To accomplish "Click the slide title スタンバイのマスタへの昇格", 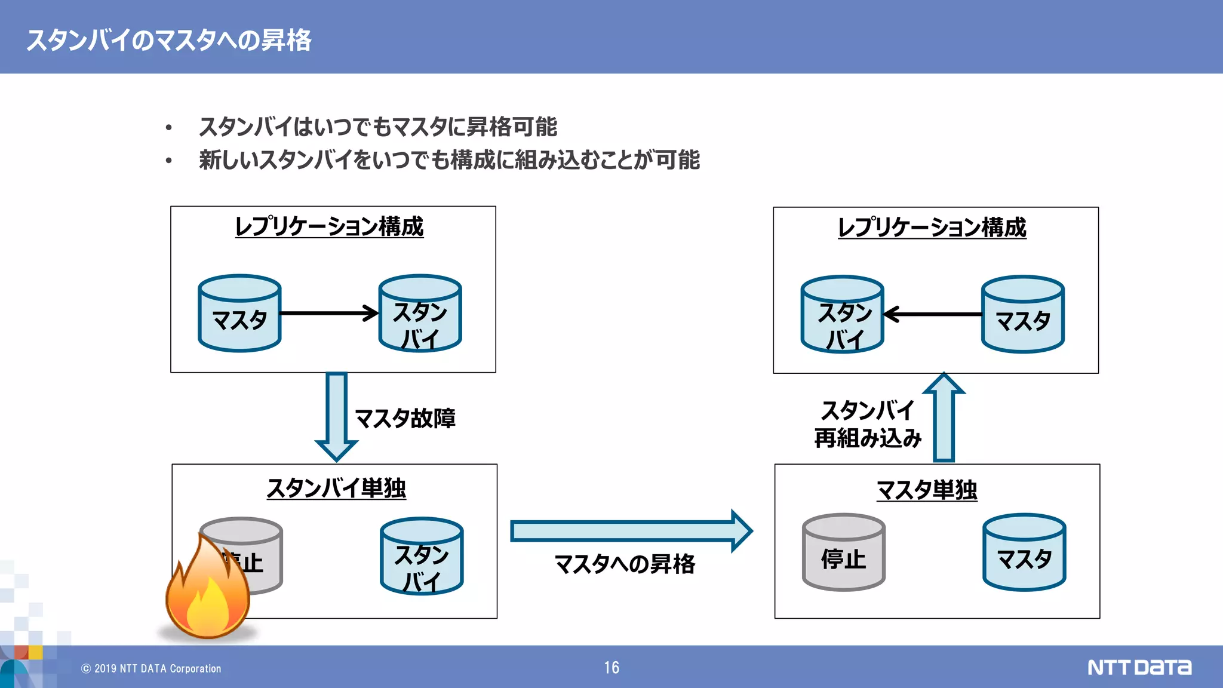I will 168,40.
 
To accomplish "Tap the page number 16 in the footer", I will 611,667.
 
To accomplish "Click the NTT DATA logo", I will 1139,667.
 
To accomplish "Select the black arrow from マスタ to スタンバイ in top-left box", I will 328,313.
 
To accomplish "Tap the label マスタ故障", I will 405,418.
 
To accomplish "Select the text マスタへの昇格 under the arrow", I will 625,564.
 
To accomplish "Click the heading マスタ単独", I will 926,490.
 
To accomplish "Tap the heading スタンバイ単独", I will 336,488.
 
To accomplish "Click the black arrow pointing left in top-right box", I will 933,314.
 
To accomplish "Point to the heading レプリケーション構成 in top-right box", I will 932,228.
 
